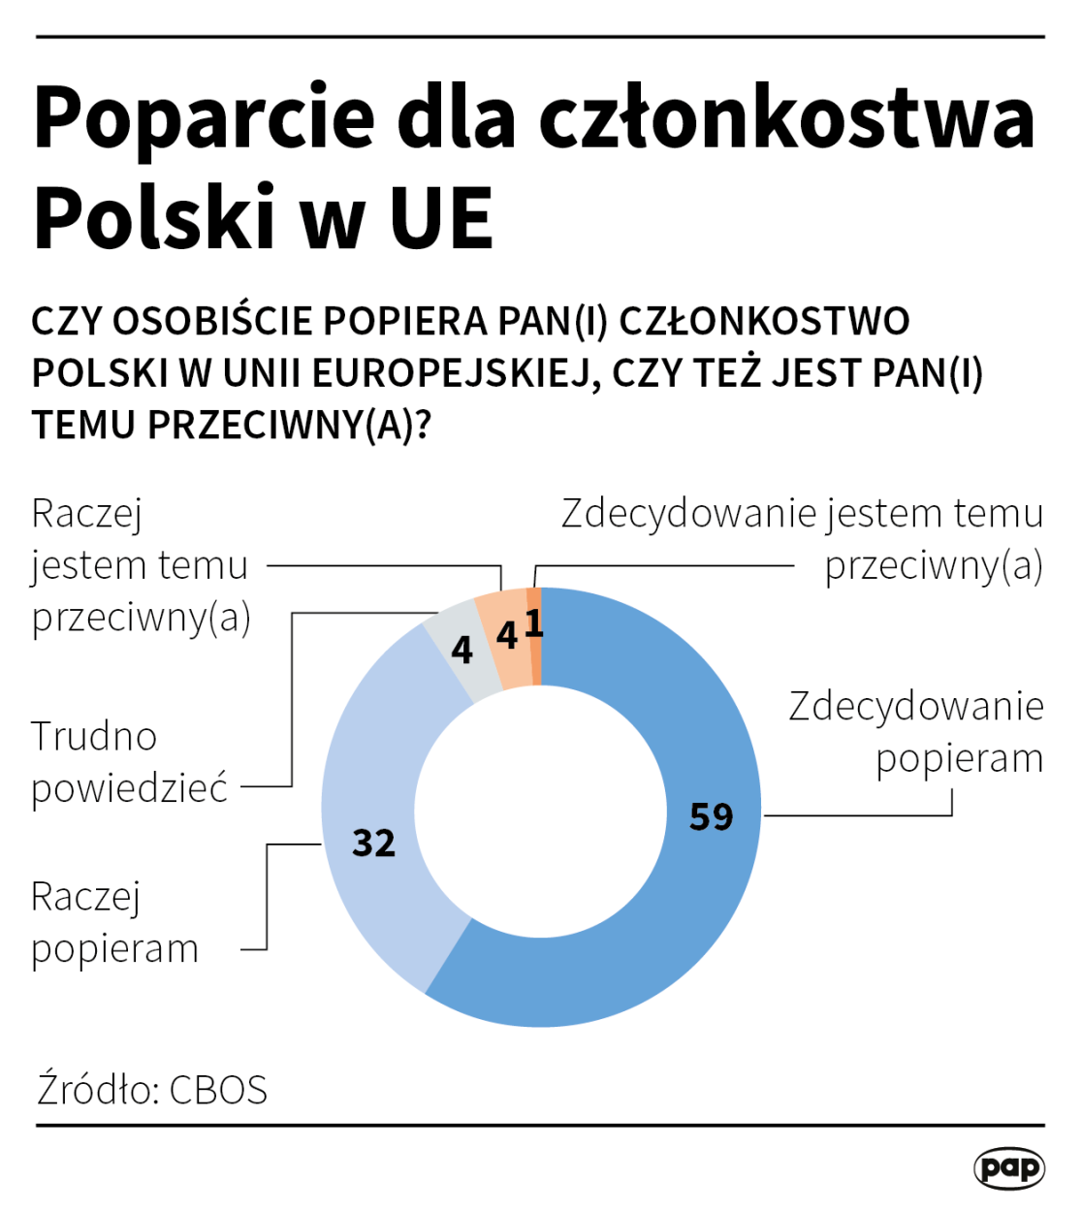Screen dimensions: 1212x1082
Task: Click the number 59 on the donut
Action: (711, 817)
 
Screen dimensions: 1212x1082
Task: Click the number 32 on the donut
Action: (373, 843)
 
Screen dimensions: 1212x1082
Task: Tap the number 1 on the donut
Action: (533, 623)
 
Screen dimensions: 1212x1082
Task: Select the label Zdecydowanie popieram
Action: (915, 732)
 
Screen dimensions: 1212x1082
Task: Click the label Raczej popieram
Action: (114, 923)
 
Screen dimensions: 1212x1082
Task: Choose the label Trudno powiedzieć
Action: (128, 762)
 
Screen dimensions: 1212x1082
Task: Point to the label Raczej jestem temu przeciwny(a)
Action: (141, 565)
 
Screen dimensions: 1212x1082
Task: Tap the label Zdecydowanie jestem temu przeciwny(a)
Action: (802, 539)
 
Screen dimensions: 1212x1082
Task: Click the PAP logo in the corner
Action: (1008, 1167)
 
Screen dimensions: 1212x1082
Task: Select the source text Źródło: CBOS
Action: (152, 1090)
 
